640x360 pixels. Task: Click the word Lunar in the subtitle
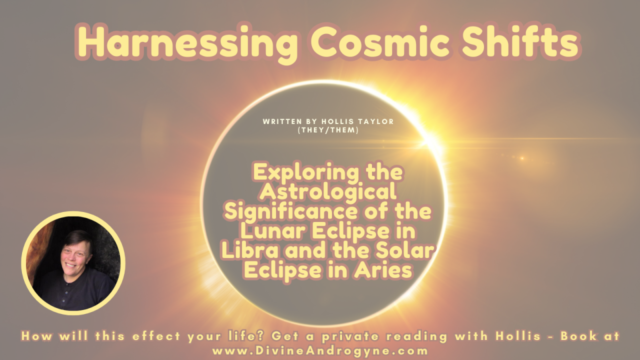point(267,231)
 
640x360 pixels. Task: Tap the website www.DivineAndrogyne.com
point(320,350)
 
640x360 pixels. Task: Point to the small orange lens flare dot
point(521,158)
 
